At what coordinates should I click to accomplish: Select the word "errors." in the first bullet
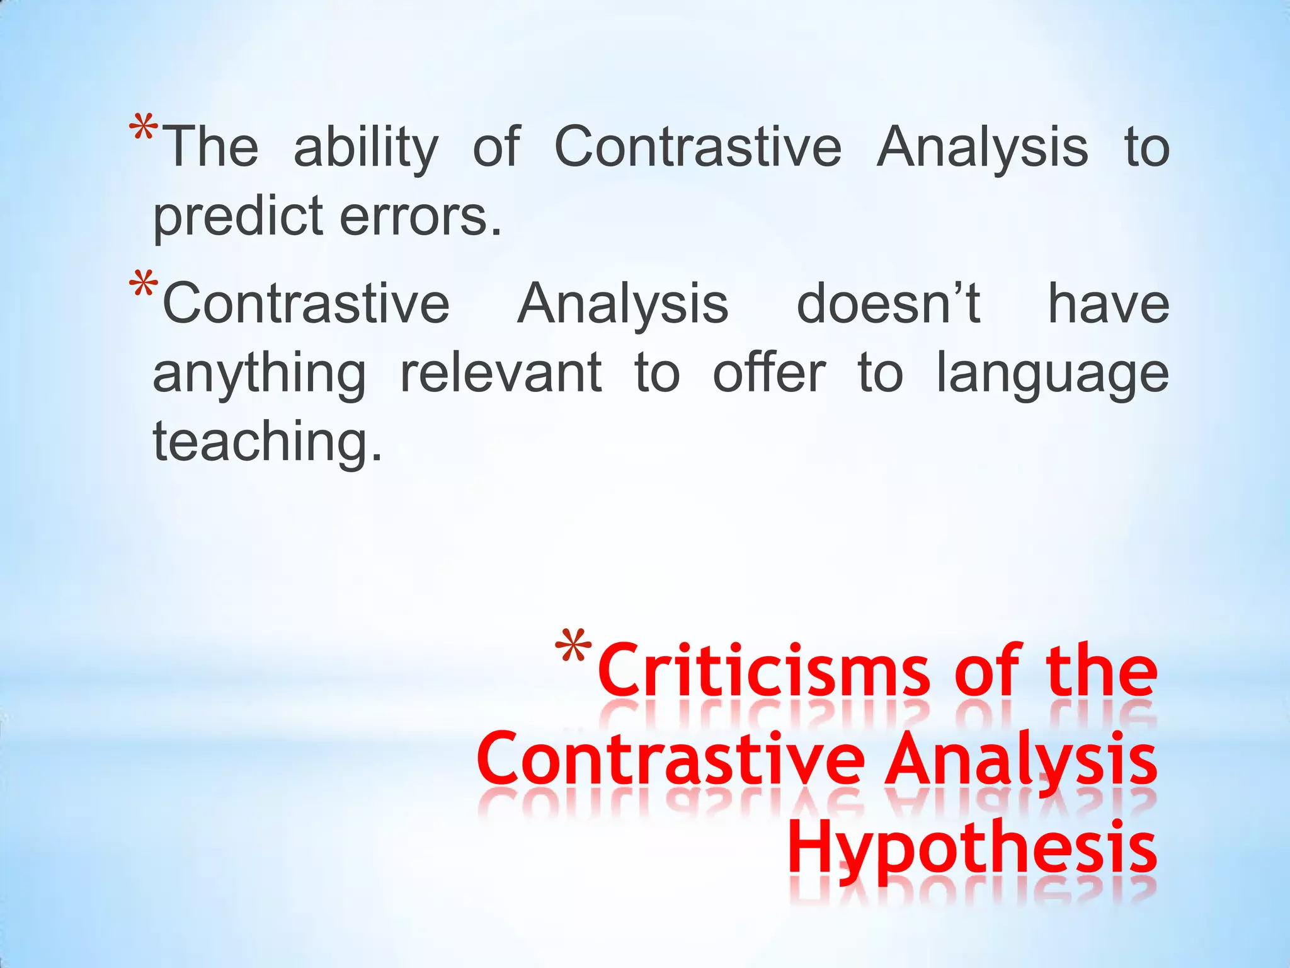point(421,216)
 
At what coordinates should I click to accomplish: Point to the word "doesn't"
point(888,304)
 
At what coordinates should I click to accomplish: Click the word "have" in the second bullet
point(1108,304)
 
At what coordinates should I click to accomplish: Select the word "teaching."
point(268,441)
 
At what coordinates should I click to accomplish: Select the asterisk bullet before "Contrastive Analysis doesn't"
point(144,286)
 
